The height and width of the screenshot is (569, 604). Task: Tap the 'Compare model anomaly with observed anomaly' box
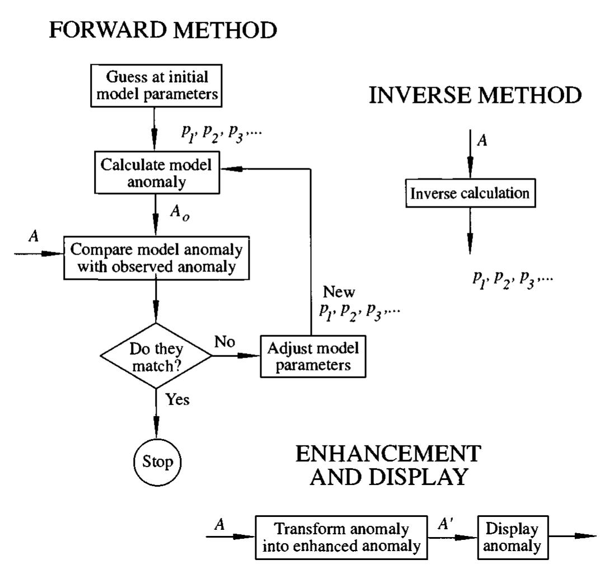point(156,258)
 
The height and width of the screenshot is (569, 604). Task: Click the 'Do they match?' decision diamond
point(155,355)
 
